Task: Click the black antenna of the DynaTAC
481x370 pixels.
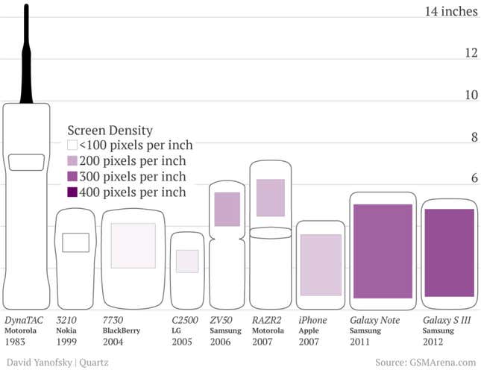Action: click(26, 55)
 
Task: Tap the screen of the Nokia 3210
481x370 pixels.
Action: click(76, 242)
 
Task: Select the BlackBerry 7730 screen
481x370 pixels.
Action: click(133, 245)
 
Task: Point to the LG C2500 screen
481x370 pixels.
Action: click(187, 261)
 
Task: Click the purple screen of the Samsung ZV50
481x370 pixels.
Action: click(227, 209)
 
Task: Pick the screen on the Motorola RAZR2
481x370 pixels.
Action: click(271, 198)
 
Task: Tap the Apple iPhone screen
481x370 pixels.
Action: click(321, 265)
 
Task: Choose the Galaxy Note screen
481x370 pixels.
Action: click(383, 251)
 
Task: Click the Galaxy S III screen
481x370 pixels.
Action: click(450, 253)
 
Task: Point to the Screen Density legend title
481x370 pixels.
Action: click(110, 131)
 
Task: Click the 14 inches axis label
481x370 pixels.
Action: click(451, 11)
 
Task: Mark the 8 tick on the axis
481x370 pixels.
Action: click(474, 137)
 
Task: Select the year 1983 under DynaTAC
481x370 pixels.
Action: click(15, 342)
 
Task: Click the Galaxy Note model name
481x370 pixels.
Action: click(375, 320)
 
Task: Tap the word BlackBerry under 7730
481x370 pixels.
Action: click(121, 330)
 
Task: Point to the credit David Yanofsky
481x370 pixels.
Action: click(39, 363)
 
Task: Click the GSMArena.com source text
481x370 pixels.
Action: click(443, 363)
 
